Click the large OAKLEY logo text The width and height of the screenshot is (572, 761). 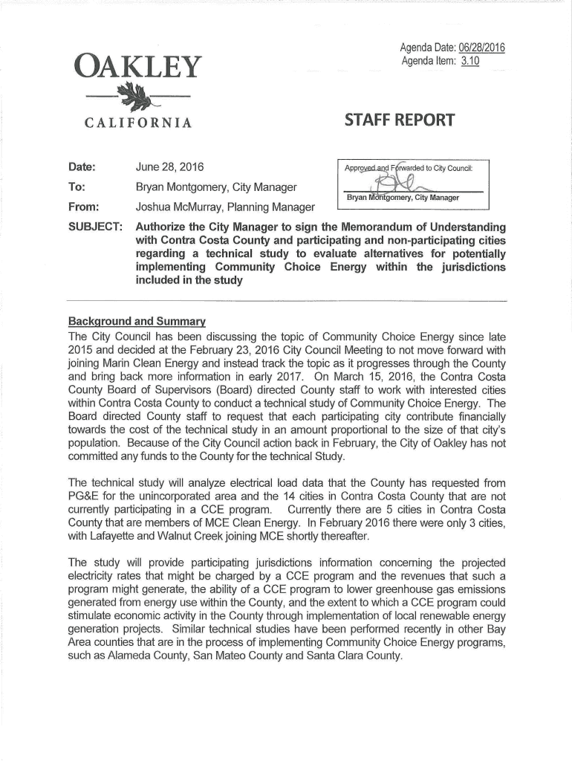tap(134, 69)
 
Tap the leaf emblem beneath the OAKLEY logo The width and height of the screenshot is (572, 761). tap(136, 97)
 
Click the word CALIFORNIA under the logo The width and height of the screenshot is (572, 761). tap(134, 122)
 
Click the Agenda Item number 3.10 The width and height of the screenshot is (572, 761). tap(469, 61)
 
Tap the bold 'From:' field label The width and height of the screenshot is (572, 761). tap(83, 207)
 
